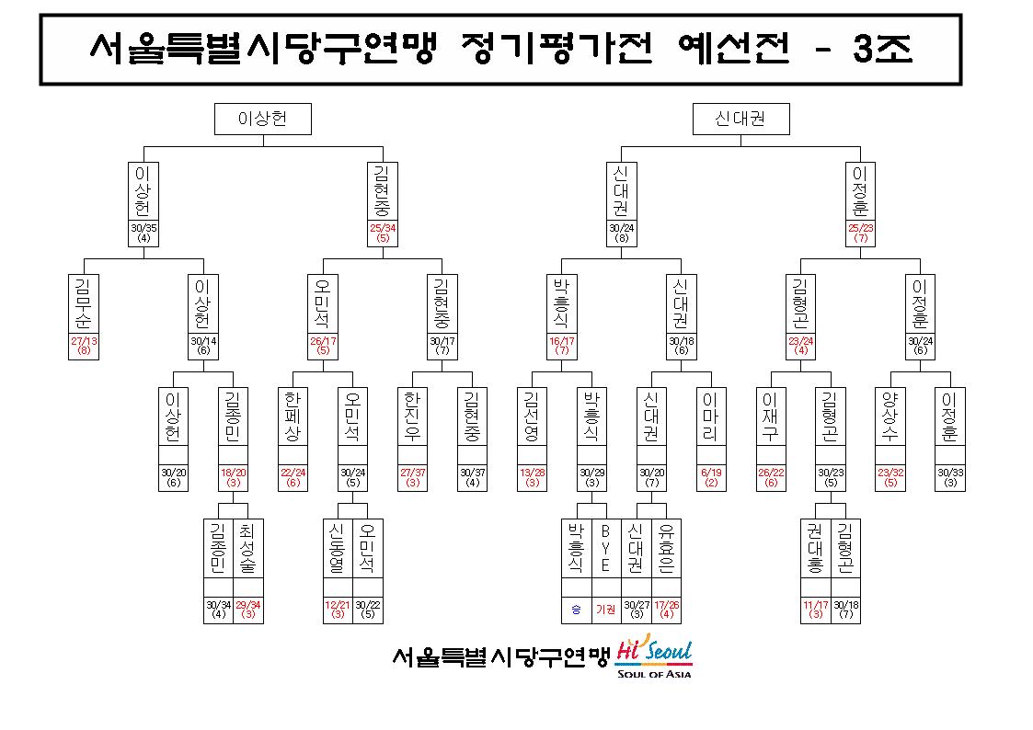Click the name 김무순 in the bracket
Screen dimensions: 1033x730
pos(83,303)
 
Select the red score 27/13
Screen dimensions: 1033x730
pos(84,341)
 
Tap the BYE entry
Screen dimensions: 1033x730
pos(605,548)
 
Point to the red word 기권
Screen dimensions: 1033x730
pos(605,610)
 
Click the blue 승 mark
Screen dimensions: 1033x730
pos(576,610)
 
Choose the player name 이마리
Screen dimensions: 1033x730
pos(710,416)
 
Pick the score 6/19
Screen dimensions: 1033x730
pos(711,473)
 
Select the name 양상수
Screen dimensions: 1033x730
pos(890,416)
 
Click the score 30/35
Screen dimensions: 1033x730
pos(143,228)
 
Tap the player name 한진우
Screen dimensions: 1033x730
pos(412,416)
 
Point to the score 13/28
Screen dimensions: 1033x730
pos(532,473)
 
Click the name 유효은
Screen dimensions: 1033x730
pos(665,548)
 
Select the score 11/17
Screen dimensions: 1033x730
pos(815,604)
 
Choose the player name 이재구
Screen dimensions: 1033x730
pos(770,416)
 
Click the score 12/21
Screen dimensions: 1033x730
pos(338,604)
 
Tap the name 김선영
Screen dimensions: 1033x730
pos(531,416)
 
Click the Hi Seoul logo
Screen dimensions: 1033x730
pos(654,656)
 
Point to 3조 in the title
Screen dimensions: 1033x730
pos(883,48)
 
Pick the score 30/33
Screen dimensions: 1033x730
pos(949,473)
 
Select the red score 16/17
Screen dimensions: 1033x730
pos(561,341)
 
